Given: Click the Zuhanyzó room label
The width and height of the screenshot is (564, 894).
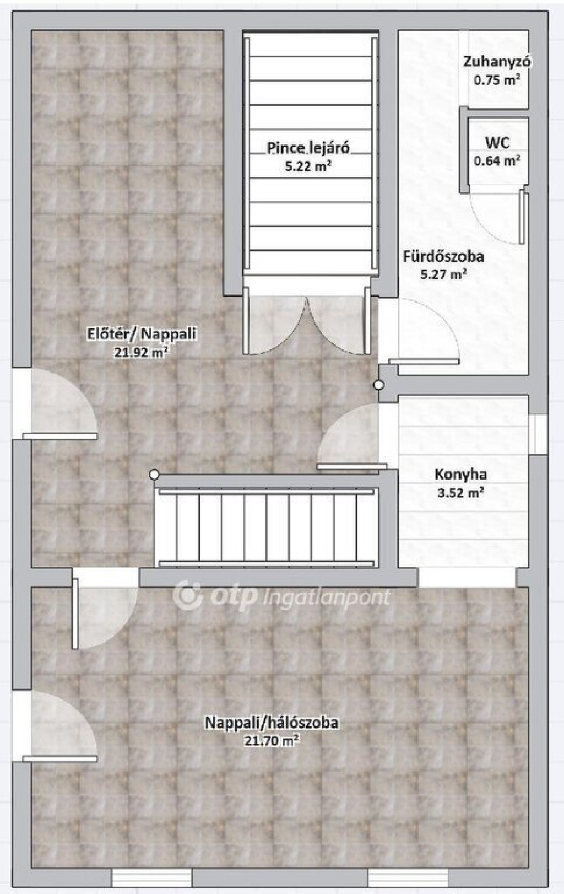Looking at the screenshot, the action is point(497,62).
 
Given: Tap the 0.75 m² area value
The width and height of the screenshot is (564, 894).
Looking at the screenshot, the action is point(497,80).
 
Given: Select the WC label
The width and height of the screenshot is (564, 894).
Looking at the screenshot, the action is point(497,143).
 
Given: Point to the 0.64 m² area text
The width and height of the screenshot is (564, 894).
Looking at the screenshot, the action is point(497,160).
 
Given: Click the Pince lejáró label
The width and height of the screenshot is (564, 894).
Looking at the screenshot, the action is point(308,148).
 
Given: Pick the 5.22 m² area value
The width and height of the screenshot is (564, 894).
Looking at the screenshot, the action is point(308,166).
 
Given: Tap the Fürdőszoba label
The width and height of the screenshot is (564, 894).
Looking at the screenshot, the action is point(443,256).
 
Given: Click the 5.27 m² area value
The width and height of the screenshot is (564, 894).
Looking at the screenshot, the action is point(443,274).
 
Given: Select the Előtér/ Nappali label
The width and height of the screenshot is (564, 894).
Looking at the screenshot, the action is point(142,333).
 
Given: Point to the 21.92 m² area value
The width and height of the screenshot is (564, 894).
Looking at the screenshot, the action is point(141,352).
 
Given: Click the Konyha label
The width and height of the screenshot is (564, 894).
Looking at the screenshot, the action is point(460,475).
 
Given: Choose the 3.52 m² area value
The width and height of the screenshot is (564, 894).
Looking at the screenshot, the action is point(460,493).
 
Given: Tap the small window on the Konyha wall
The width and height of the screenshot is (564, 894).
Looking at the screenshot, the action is point(538,434).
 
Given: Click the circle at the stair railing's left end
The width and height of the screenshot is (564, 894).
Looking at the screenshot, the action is point(154,475).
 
